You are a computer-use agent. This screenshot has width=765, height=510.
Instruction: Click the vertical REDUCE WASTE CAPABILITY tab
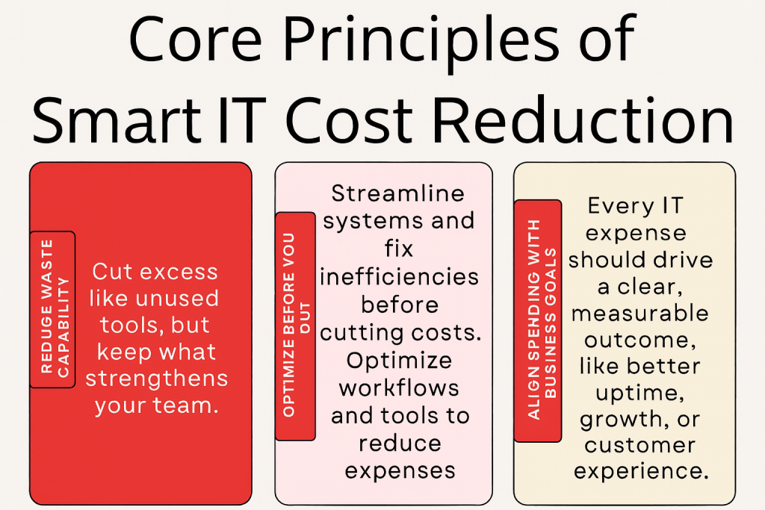(52, 309)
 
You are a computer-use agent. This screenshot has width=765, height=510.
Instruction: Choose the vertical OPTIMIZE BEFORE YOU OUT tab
(294, 326)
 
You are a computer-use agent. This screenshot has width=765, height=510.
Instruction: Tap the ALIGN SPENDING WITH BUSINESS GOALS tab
(537, 321)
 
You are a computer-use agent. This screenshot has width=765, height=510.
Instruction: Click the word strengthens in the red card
(155, 379)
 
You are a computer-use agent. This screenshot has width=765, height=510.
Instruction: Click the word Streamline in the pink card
(397, 194)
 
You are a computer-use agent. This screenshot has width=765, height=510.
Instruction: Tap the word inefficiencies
(399, 277)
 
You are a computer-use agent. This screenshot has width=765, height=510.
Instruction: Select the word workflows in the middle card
(399, 388)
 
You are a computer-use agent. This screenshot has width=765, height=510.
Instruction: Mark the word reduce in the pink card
(399, 443)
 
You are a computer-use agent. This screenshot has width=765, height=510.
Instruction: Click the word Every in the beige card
(612, 205)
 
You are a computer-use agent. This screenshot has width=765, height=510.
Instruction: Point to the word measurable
(639, 313)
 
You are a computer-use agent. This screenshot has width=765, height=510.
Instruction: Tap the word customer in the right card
(639, 446)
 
